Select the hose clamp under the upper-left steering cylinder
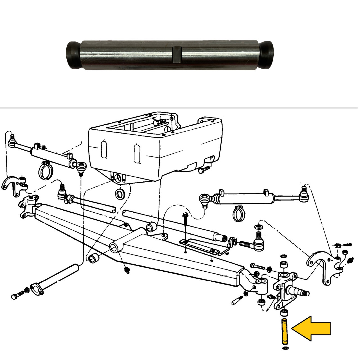click(44, 170)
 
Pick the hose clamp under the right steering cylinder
click(238, 213)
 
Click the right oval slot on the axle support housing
click(137, 153)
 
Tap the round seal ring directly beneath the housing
click(120, 194)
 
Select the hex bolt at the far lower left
click(15, 296)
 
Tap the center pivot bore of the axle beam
click(114, 247)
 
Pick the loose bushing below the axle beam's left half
click(94, 258)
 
